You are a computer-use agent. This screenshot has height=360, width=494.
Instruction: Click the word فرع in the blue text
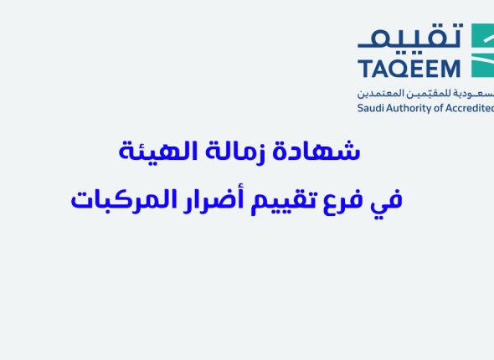(350, 201)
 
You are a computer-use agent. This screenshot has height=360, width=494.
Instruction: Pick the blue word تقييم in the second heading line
(288, 201)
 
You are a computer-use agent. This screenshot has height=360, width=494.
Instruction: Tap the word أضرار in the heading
(221, 200)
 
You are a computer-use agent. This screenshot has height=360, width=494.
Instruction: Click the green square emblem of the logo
(483, 50)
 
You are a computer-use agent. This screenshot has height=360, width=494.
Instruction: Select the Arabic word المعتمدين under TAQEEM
(378, 94)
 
